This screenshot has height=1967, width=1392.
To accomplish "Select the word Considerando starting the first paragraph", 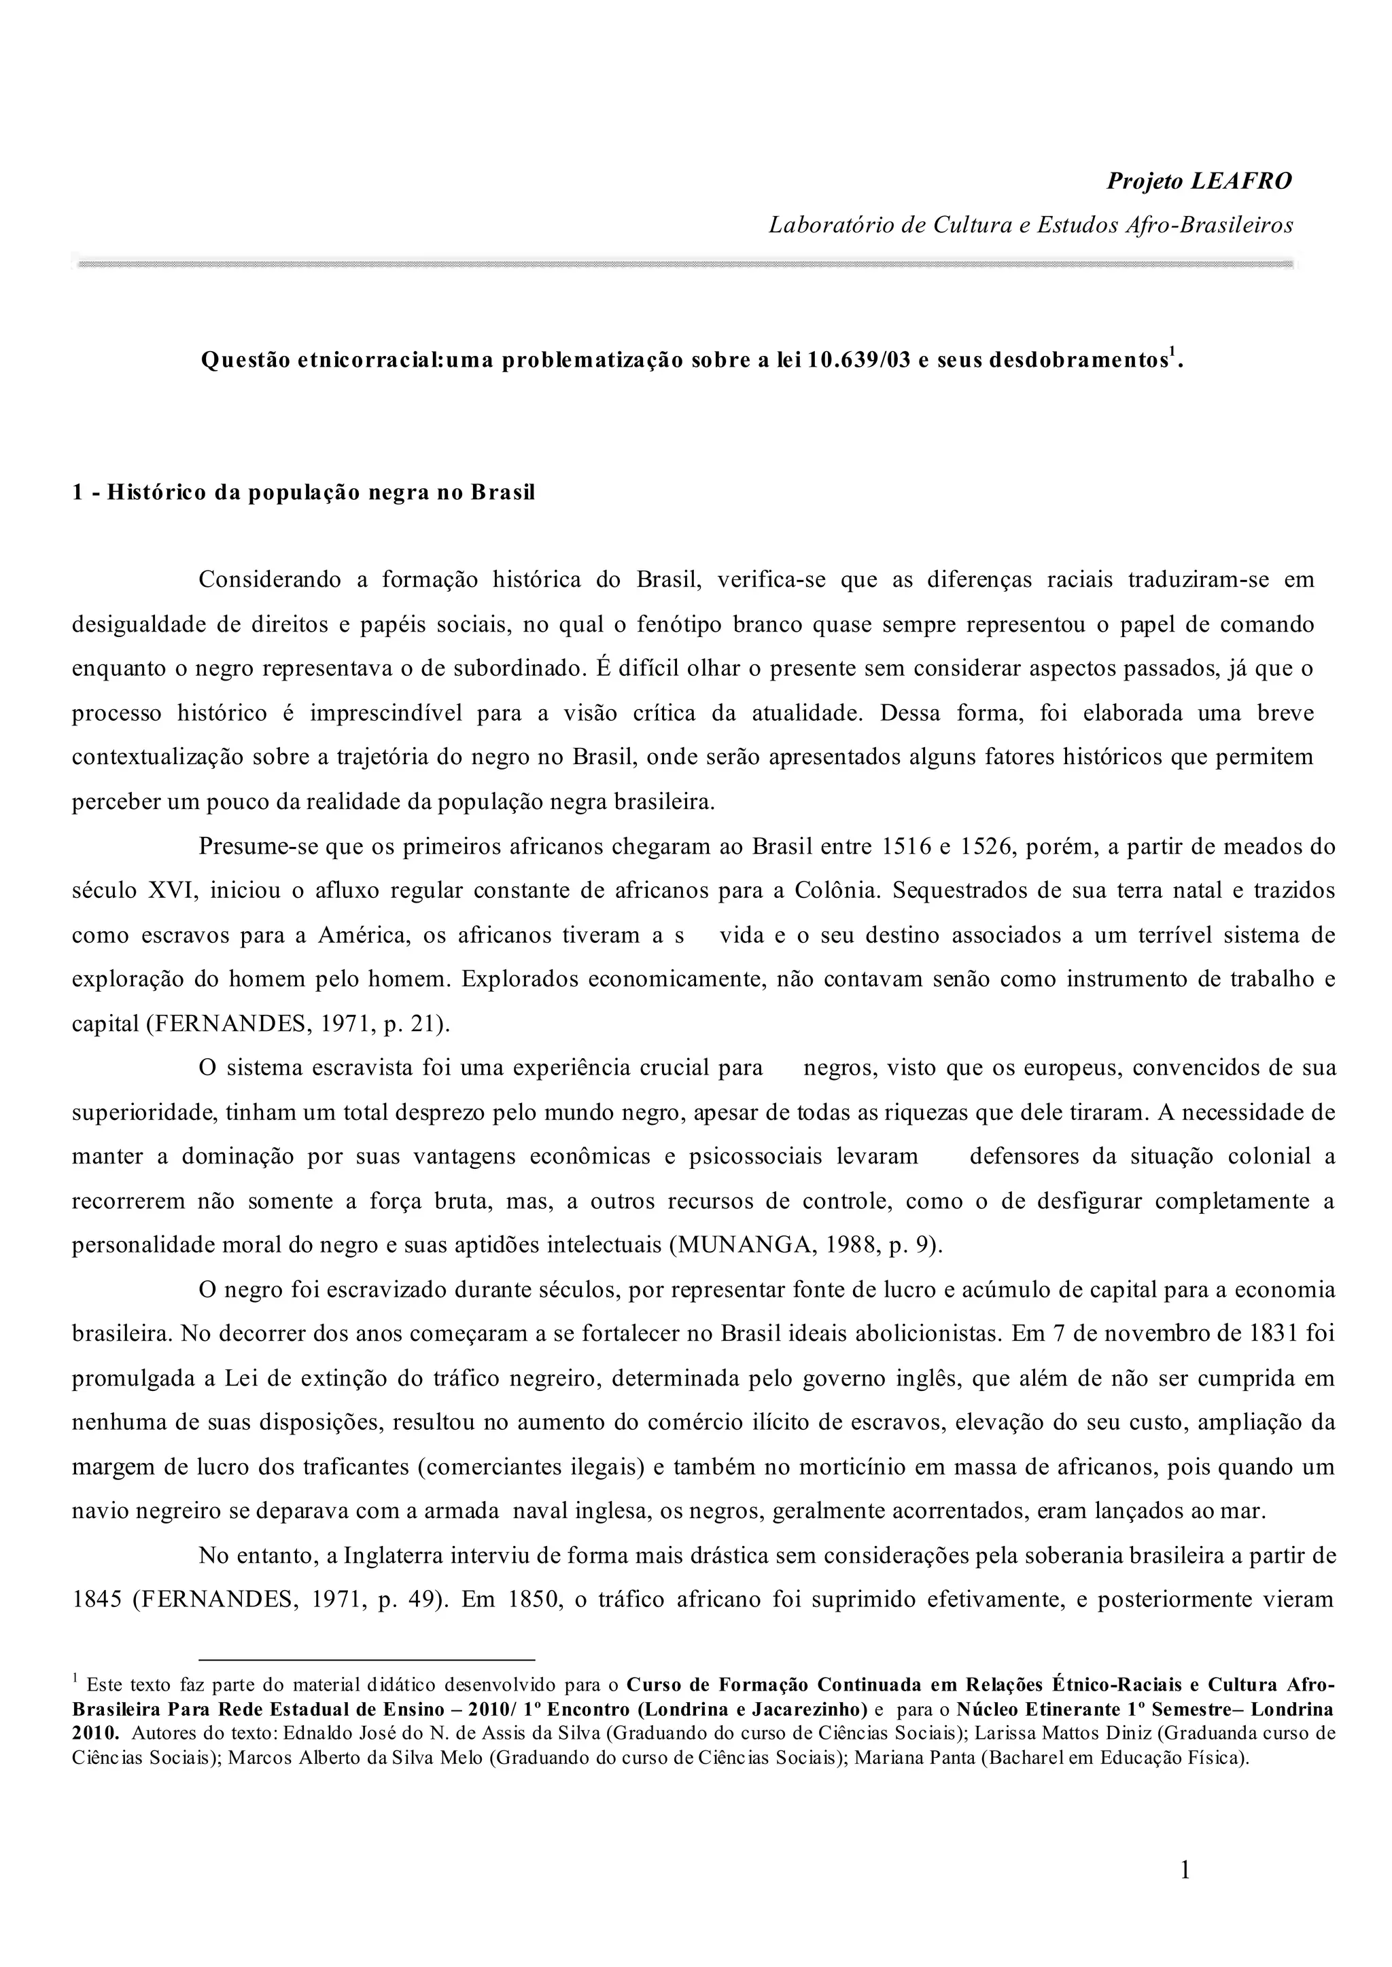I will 269,580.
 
